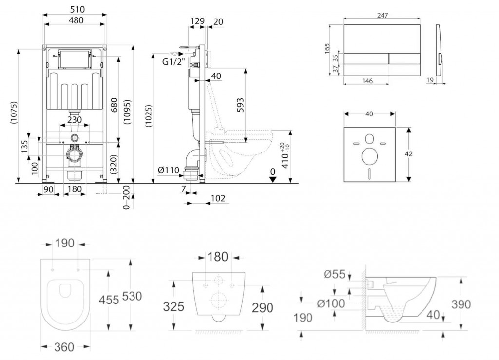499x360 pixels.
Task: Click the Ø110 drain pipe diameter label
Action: click(x=168, y=170)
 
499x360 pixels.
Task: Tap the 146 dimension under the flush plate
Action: click(x=367, y=81)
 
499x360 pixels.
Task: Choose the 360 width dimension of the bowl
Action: click(x=64, y=347)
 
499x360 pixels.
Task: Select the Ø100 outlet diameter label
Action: click(x=331, y=303)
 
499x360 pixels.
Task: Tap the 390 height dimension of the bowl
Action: click(x=461, y=304)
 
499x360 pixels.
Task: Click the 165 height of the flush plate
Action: click(x=327, y=48)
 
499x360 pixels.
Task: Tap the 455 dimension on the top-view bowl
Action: click(x=109, y=300)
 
